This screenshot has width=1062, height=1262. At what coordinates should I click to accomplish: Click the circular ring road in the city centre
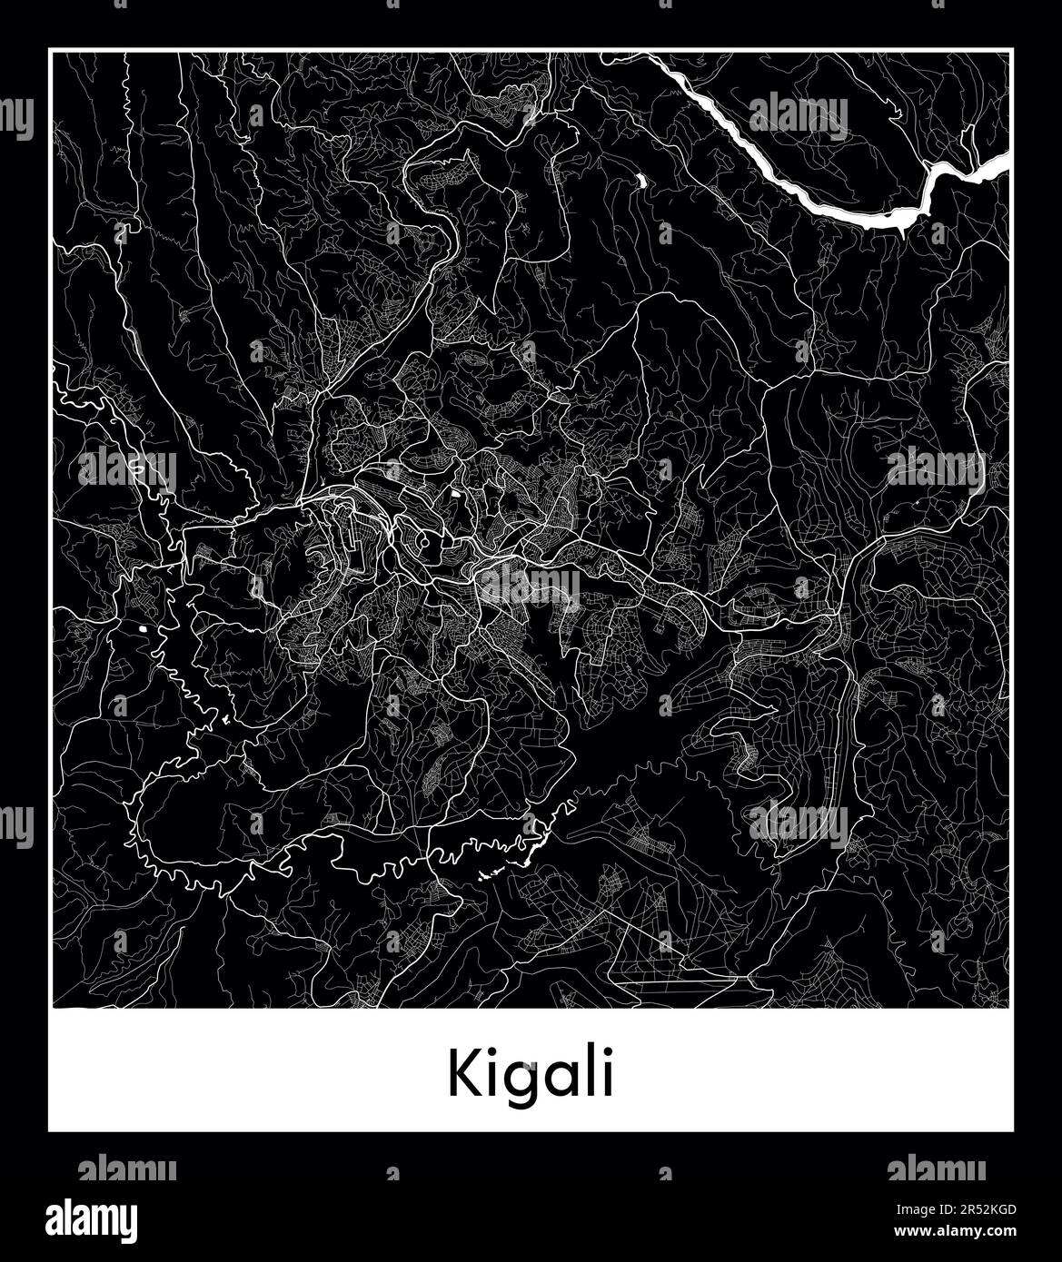coord(424,543)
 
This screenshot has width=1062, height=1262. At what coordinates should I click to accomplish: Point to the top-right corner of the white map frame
coord(1011,51)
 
